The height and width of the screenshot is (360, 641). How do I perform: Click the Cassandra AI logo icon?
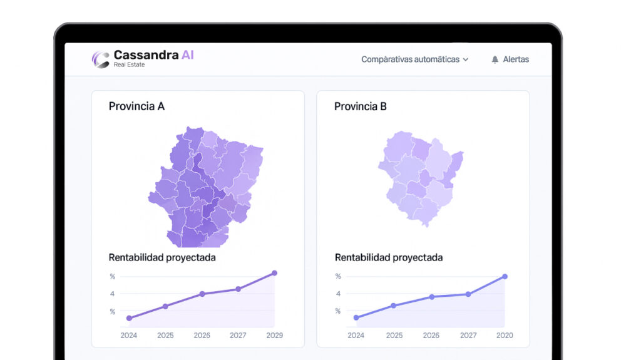coord(101,59)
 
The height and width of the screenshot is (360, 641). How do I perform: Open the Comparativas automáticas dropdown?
coord(414,59)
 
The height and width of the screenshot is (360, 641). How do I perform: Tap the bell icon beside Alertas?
coord(495,59)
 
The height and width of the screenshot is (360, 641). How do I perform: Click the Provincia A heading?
coord(136,106)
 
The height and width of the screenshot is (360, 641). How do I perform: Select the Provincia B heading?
coord(361,106)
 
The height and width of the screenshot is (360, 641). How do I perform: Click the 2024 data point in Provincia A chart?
coord(129,318)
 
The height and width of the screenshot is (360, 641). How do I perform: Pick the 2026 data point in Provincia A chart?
coord(202,294)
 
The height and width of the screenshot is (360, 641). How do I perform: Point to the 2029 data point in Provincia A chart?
coord(274,273)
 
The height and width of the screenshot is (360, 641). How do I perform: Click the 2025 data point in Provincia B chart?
coord(394,306)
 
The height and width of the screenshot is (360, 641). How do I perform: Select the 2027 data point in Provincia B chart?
coord(468,294)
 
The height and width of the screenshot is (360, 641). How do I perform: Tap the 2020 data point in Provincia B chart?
coord(505,276)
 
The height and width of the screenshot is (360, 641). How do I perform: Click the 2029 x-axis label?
coord(274,336)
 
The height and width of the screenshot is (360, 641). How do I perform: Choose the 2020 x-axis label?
coord(505,336)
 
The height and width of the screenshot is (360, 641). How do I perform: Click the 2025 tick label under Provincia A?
coord(165,336)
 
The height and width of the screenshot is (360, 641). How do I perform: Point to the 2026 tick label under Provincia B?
coord(431,336)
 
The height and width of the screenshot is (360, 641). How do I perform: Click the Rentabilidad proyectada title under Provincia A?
coord(162,257)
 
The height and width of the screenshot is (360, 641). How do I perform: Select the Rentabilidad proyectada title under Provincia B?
coord(389,257)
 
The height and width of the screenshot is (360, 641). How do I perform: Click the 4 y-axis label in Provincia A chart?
coord(113,294)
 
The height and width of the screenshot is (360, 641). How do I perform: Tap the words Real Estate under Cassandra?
coord(129,64)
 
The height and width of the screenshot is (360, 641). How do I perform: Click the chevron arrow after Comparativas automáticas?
coord(466,60)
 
